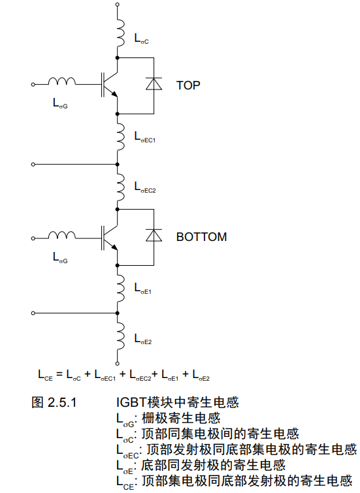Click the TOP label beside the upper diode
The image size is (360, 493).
[x=188, y=85]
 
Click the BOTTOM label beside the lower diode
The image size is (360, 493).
[x=201, y=237]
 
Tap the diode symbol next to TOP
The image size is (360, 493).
[x=154, y=84]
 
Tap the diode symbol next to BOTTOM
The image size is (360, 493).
[x=154, y=235]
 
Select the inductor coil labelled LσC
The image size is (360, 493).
[x=120, y=33]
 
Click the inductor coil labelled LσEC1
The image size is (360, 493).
[x=120, y=137]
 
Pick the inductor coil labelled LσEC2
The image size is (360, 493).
[x=120, y=187]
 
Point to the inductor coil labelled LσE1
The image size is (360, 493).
[x=120, y=289]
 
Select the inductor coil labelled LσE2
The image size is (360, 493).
[x=120, y=340]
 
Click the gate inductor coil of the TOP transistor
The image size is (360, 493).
[x=62, y=81]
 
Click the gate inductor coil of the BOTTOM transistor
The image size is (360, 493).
[x=62, y=235]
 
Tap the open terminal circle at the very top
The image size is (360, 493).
[x=118, y=5]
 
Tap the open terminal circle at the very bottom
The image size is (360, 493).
[x=118, y=364]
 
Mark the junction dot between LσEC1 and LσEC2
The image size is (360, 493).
[x=118, y=165]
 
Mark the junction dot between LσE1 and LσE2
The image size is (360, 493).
[x=118, y=313]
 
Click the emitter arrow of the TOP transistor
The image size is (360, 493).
[x=115, y=94]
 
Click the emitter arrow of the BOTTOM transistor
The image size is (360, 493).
[x=115, y=247]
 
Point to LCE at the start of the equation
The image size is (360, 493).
[x=45, y=375]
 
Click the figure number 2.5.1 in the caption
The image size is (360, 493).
[x=62, y=402]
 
